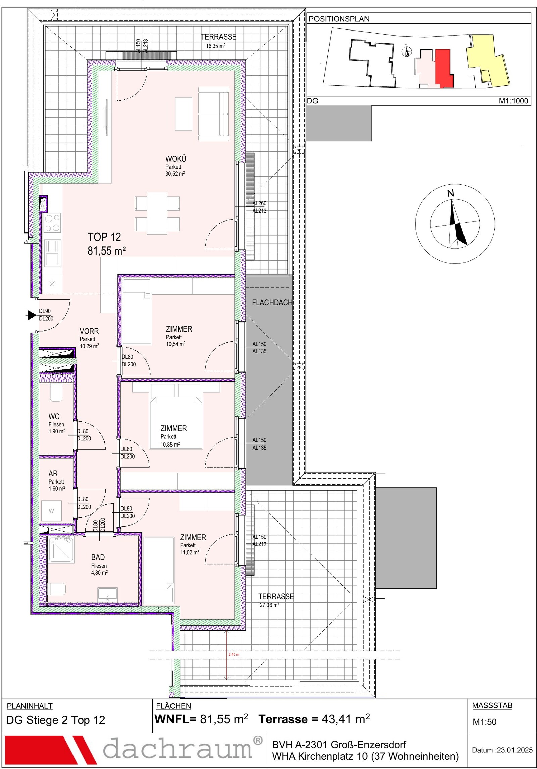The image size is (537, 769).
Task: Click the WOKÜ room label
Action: [176, 159]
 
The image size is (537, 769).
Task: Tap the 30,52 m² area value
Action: [175, 174]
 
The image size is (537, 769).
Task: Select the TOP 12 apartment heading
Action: [104, 237]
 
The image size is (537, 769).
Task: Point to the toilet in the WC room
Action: [56, 393]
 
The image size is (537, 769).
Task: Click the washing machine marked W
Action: [51, 511]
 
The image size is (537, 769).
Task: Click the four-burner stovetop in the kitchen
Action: [52, 223]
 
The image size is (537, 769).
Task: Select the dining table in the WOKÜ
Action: [157, 214]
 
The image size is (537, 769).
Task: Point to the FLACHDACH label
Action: [272, 303]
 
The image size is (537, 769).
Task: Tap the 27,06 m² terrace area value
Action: [270, 605]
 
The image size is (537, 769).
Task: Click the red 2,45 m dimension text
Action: [234, 654]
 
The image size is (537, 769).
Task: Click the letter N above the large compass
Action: [451, 193]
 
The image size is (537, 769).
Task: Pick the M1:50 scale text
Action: [484, 722]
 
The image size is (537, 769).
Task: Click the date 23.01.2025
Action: [515, 750]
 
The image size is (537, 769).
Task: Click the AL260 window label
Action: [259, 203]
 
